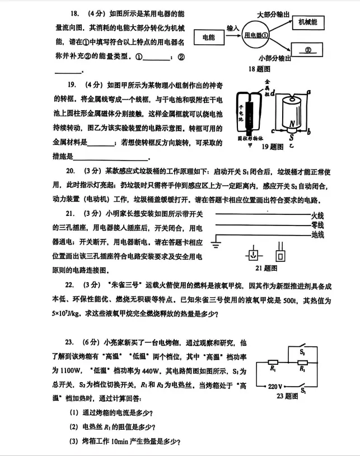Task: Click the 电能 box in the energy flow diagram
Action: click(208, 37)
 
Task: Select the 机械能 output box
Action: click(307, 22)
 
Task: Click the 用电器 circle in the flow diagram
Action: click(257, 35)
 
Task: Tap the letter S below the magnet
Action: click(291, 135)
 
